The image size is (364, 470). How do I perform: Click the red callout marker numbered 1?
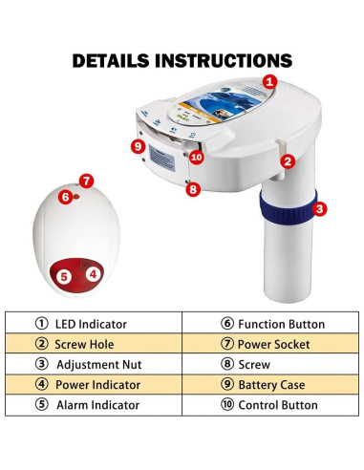(269, 82)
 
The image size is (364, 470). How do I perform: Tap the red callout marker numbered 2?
(288, 161)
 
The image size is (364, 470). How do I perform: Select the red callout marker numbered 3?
(319, 209)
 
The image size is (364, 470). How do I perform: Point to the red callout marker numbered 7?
(86, 182)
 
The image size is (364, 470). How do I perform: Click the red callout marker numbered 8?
(193, 189)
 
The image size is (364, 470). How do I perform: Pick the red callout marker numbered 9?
(139, 146)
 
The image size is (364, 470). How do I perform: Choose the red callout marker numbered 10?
(197, 157)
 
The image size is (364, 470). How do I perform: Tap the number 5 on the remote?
(64, 276)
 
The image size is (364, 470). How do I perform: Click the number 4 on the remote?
(93, 273)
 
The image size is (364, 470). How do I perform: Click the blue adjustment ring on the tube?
(288, 208)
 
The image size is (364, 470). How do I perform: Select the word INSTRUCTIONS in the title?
(224, 60)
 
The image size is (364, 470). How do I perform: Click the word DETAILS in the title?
(111, 60)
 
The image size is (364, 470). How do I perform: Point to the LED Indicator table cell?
(94, 323)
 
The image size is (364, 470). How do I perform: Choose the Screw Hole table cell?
(94, 343)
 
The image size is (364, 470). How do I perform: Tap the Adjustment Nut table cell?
(94, 364)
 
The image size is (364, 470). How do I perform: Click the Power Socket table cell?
(270, 343)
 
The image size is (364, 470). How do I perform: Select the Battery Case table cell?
(270, 384)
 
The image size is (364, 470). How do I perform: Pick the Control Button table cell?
(270, 405)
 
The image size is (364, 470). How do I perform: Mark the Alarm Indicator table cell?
(94, 405)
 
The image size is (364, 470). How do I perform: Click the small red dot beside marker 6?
(76, 197)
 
